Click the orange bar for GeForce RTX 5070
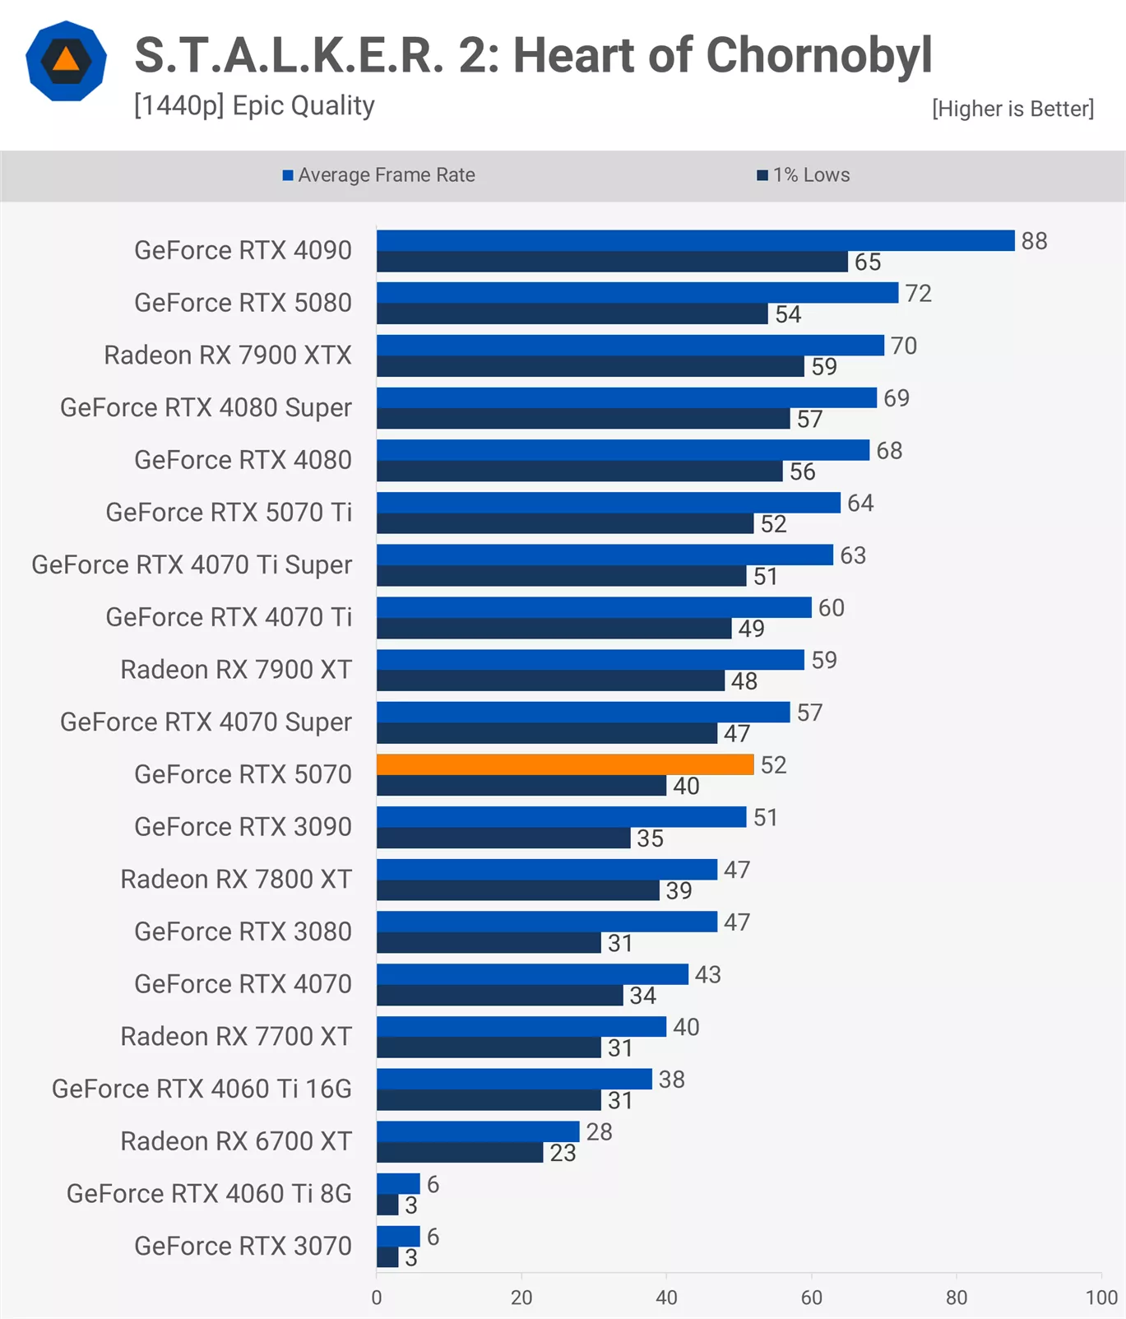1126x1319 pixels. [565, 764]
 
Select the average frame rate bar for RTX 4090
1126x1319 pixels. [695, 240]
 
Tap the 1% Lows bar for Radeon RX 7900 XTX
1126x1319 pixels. [590, 366]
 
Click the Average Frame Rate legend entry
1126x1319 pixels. [379, 175]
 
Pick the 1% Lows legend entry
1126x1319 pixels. [804, 175]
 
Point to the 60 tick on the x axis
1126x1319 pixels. [811, 1298]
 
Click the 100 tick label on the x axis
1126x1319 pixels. [1101, 1298]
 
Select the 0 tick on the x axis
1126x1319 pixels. [377, 1298]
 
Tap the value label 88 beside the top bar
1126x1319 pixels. [1034, 241]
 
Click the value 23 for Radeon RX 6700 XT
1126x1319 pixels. [563, 1153]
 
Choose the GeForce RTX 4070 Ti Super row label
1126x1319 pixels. [192, 565]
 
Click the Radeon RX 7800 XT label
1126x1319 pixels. [236, 880]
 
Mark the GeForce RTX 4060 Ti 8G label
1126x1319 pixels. [209, 1194]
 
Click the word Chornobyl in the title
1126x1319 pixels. [818, 56]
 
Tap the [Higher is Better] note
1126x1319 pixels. [1012, 109]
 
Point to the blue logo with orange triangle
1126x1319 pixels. [66, 62]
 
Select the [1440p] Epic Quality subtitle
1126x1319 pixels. [254, 106]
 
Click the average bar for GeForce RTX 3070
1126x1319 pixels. [398, 1236]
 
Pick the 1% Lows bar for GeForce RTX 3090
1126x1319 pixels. [503, 838]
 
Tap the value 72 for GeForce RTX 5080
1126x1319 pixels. [918, 294]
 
